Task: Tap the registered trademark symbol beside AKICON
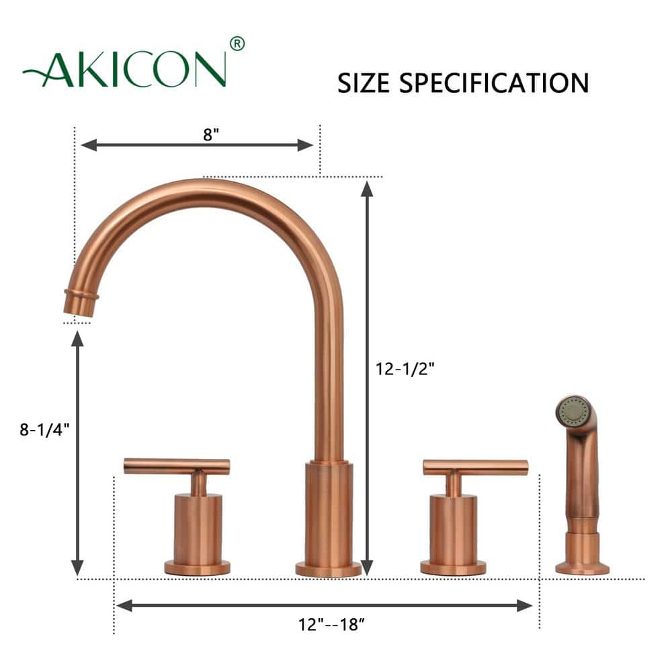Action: pos(237,44)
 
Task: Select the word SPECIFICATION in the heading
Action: pos(493,83)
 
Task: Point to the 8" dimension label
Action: pos(212,134)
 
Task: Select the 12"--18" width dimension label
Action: pos(331,625)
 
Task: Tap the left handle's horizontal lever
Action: pos(177,466)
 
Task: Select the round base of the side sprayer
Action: pos(582,568)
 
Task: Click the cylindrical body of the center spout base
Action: pos(329,514)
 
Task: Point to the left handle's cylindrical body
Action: pos(198,530)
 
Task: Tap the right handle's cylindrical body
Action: pos(454,530)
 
